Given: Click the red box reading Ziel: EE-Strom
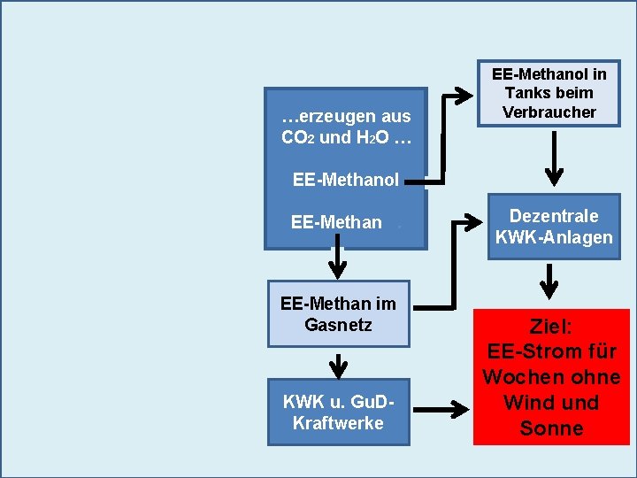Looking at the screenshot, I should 551,376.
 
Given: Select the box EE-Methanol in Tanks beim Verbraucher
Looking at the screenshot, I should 549,93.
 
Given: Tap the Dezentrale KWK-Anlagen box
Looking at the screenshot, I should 554,227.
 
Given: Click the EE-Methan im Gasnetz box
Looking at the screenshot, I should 338,314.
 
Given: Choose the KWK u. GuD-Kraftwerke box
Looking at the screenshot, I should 338,412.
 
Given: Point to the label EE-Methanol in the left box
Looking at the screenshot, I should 346,180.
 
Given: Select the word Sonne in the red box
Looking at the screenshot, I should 551,428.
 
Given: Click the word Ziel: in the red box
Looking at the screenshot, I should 551,325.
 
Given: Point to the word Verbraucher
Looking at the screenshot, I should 549,112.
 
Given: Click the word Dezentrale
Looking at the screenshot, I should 554,216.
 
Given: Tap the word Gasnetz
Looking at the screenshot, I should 338,325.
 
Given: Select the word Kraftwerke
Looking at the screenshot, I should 338,423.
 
